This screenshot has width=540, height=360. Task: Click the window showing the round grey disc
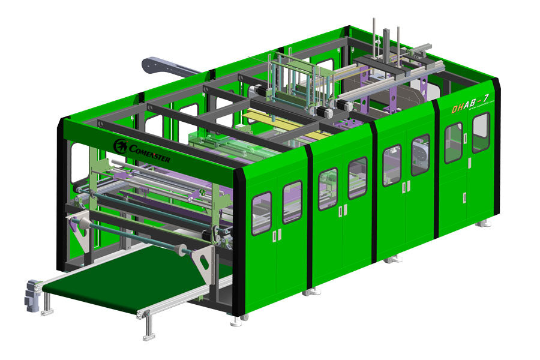pos(420,154)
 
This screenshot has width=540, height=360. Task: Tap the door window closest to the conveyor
pos(262,212)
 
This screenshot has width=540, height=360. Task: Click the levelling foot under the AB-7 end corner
pos(484,223)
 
